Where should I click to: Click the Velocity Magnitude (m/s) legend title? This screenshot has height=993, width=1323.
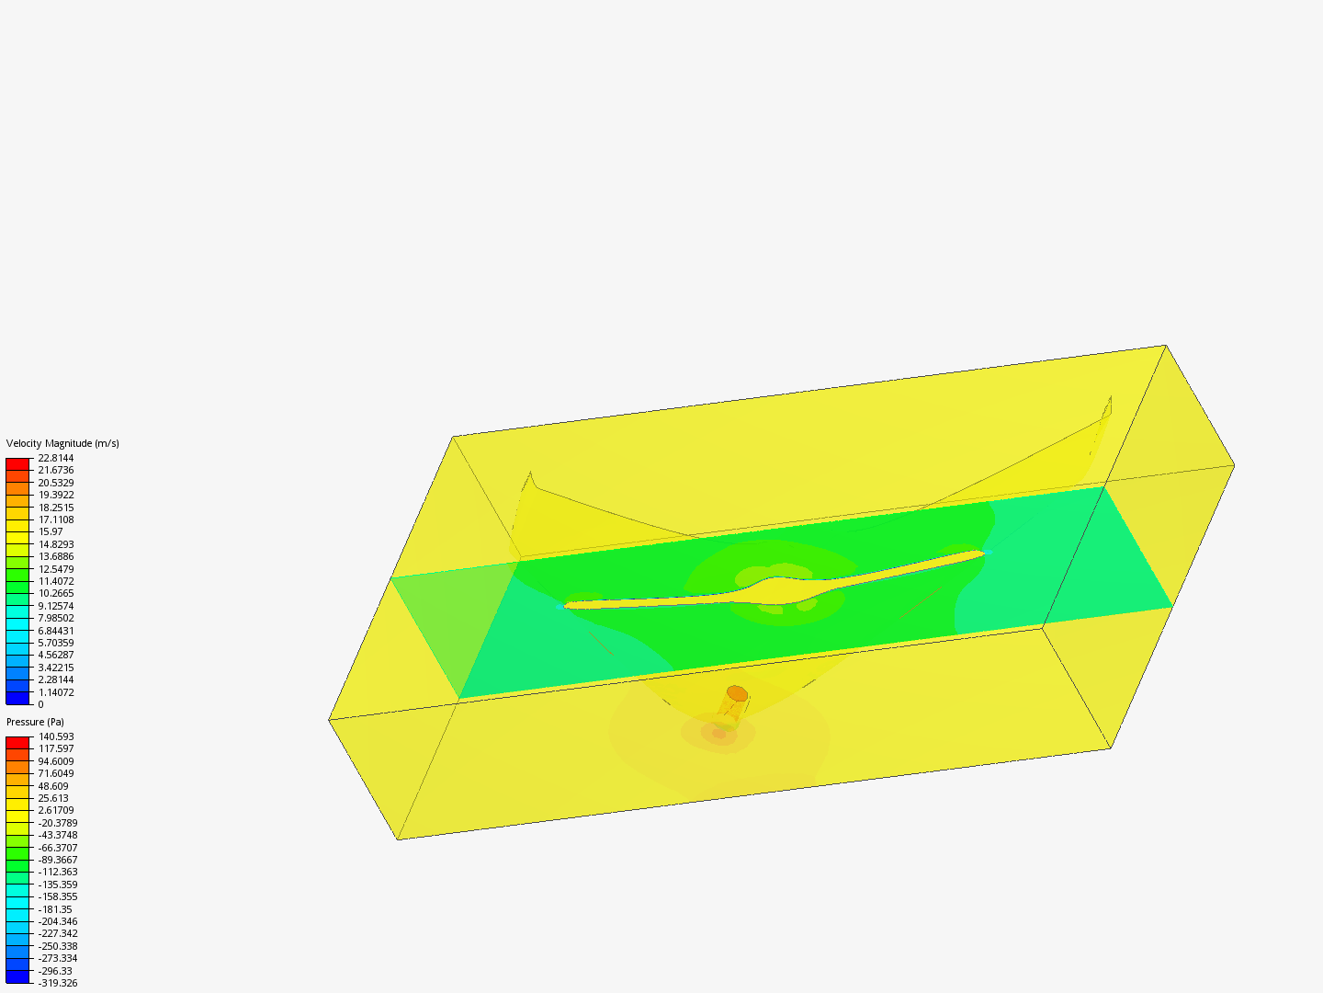pyautogui.click(x=62, y=443)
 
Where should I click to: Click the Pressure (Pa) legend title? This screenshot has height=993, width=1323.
pyautogui.click(x=35, y=722)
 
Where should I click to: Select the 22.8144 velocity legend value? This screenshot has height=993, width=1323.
pyautogui.click(x=56, y=458)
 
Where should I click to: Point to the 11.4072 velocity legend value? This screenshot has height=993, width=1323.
pyautogui.click(x=56, y=581)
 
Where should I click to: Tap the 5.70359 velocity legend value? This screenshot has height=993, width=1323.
pyautogui.click(x=56, y=643)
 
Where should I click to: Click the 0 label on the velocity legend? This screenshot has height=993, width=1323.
pyautogui.click(x=41, y=704)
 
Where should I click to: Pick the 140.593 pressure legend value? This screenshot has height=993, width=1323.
pyautogui.click(x=56, y=736)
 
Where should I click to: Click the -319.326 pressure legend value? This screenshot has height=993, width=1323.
pyautogui.click(x=58, y=983)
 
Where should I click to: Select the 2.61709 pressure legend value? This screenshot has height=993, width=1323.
pyautogui.click(x=56, y=810)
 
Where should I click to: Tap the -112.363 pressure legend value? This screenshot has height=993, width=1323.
pyautogui.click(x=58, y=872)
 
